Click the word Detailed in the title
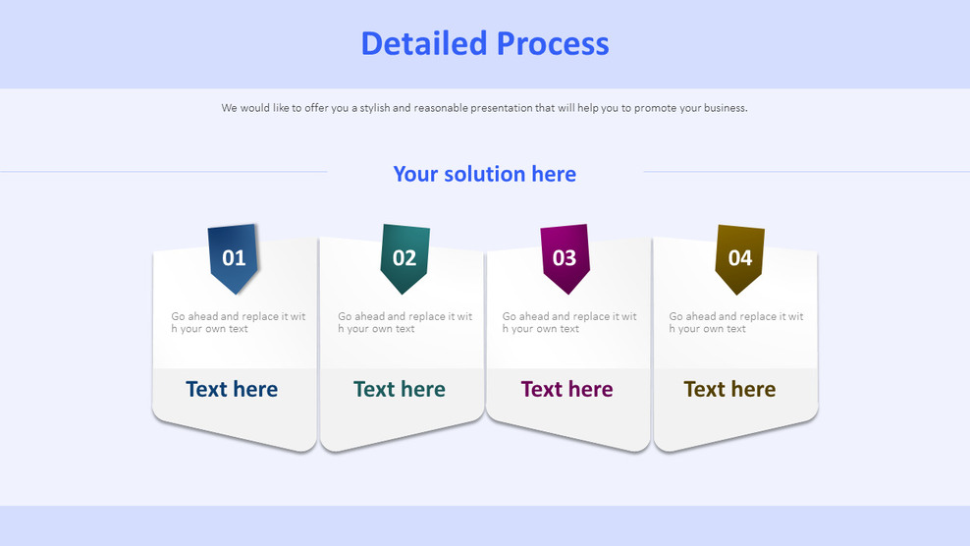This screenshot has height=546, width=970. tap(424, 43)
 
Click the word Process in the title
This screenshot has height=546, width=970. tap(553, 43)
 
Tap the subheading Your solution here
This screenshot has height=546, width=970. tap(484, 174)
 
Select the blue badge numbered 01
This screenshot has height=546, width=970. tap(234, 258)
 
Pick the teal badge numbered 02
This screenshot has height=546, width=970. tap(404, 258)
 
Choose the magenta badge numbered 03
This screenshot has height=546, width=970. tap(565, 258)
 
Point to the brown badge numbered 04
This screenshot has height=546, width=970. tap(740, 258)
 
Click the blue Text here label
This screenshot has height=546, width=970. tap(232, 389)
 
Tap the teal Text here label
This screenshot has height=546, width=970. tap(400, 389)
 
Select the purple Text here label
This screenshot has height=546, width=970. tap(566, 389)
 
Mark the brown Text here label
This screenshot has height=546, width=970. tap(729, 389)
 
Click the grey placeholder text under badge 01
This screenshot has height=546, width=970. tap(239, 322)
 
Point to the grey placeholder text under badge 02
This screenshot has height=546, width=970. tap(405, 322)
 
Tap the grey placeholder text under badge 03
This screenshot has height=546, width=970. tap(569, 322)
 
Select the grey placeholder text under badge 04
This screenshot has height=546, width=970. tap(736, 322)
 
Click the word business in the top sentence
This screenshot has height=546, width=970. tap(725, 108)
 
